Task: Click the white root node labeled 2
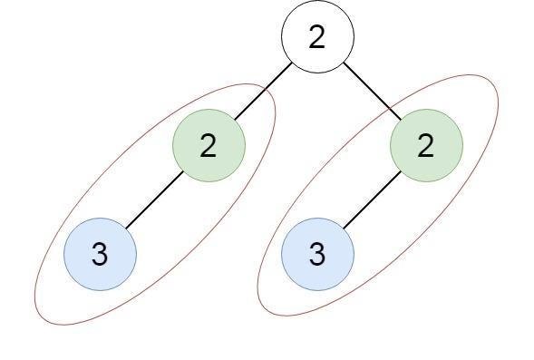pyautogui.click(x=316, y=37)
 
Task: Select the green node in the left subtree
pyautogui.click(x=209, y=145)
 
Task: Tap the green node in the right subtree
pyautogui.click(x=426, y=145)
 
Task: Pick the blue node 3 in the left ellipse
pyautogui.click(x=100, y=254)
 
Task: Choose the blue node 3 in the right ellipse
pyautogui.click(x=317, y=254)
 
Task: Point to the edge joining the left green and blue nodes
pyautogui.click(x=154, y=199)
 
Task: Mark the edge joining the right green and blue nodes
pyautogui.click(x=372, y=199)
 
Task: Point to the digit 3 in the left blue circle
pyautogui.click(x=100, y=256)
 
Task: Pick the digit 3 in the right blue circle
pyautogui.click(x=317, y=256)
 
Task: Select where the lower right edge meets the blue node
pyautogui.click(x=343, y=229)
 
